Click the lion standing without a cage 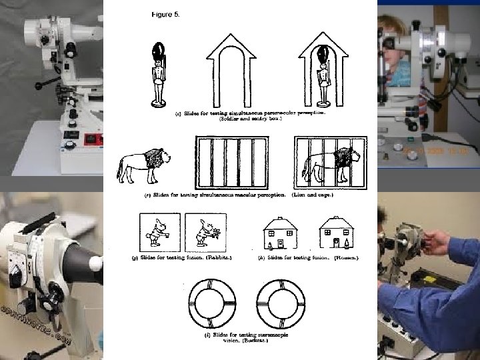pos(143,166)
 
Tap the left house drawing pos(280,233)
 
